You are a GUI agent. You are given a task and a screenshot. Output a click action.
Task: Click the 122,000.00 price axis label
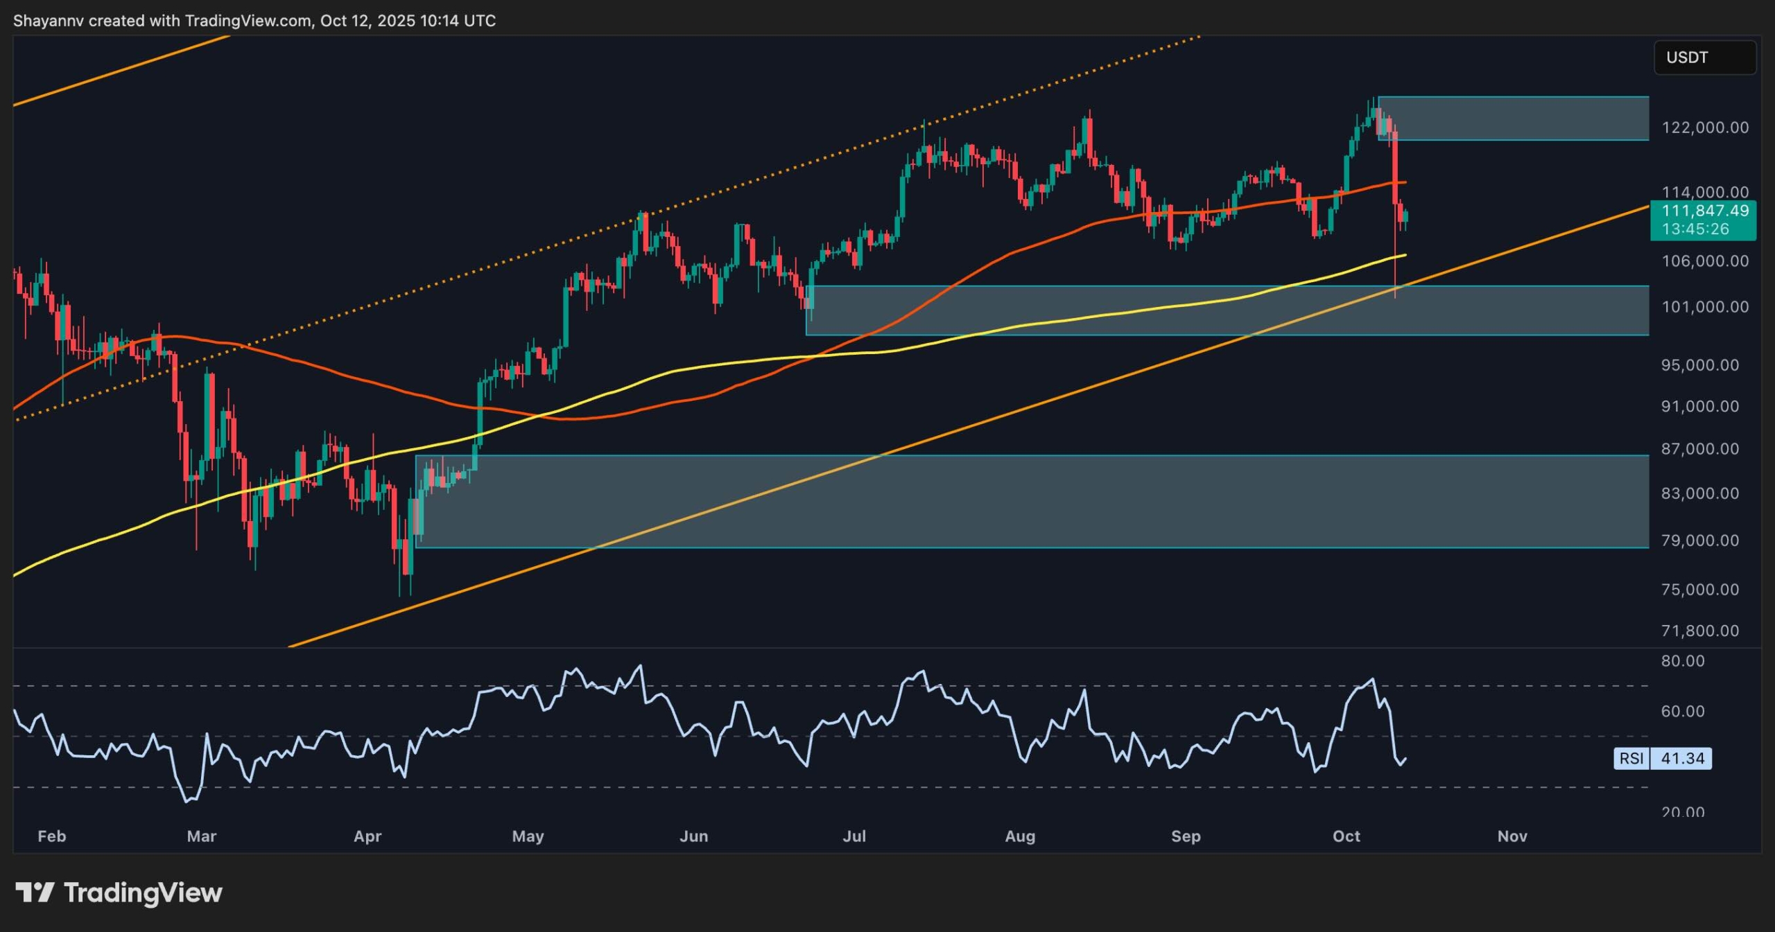pos(1705,128)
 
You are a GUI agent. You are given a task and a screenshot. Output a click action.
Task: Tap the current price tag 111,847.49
pos(1705,211)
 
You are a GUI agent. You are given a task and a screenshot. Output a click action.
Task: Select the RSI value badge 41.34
pos(1682,758)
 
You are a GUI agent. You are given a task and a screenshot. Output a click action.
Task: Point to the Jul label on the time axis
pos(854,836)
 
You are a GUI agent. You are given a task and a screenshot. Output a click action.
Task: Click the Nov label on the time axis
pos(1512,836)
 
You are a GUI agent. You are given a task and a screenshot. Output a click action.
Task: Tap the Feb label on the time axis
pos(52,836)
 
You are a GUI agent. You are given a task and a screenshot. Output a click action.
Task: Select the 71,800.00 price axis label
pos(1700,631)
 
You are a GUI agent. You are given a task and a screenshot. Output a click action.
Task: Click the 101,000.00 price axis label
pos(1705,306)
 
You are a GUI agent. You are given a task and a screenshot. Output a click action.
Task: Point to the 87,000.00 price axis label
pos(1700,449)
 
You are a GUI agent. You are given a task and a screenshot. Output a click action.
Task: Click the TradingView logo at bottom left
pos(119,893)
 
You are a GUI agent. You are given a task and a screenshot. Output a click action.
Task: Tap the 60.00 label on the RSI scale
pos(1683,711)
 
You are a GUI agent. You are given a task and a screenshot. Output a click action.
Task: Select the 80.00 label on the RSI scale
pos(1683,661)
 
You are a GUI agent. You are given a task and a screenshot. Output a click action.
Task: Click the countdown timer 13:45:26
pos(1695,229)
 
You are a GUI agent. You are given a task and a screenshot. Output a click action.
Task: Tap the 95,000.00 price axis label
pos(1700,365)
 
